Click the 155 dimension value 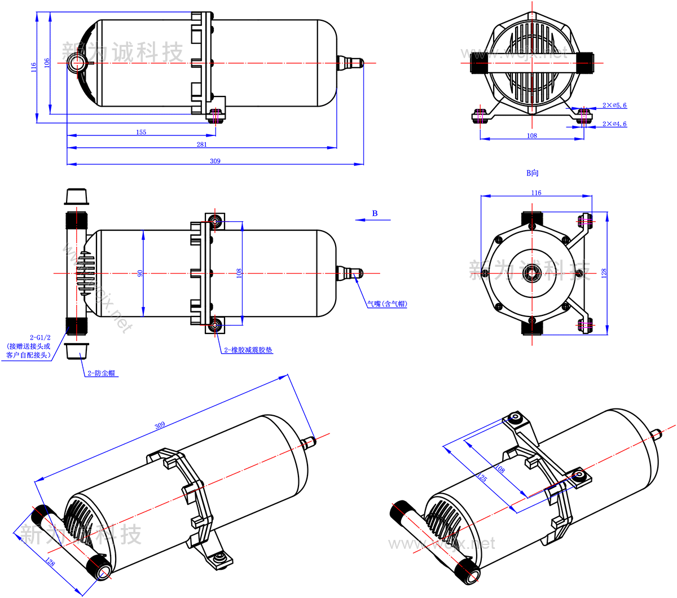point(141,132)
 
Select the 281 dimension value point(201,144)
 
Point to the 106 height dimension point(47,63)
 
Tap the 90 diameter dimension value point(140,273)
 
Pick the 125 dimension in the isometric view point(482,477)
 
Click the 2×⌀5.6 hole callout point(614,105)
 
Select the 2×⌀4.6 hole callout point(614,124)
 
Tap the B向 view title point(532,173)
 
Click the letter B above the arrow point(375,213)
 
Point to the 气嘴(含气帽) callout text point(387,304)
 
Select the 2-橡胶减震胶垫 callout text point(248,350)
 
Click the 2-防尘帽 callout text point(103,373)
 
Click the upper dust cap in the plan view point(76,196)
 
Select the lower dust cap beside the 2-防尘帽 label point(76,350)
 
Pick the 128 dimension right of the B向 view point(604,273)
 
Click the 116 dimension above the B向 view point(536,193)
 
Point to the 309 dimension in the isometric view point(160,425)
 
